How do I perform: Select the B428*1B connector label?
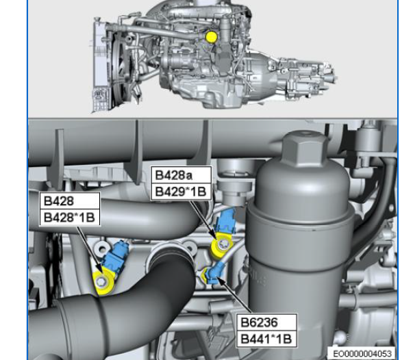click(69, 218)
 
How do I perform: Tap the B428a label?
click(173, 175)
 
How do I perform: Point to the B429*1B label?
click(180, 192)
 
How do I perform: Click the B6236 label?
click(259, 322)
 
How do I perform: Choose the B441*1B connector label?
click(266, 339)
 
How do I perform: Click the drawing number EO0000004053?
click(362, 354)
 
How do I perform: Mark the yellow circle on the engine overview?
click(211, 37)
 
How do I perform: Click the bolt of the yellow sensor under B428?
click(101, 282)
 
